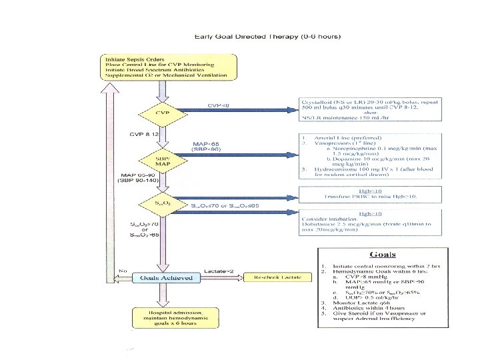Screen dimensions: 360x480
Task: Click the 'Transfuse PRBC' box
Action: click(x=361, y=193)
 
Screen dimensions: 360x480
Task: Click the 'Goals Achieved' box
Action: click(x=162, y=277)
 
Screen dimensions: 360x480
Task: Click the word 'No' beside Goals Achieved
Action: click(x=124, y=271)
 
